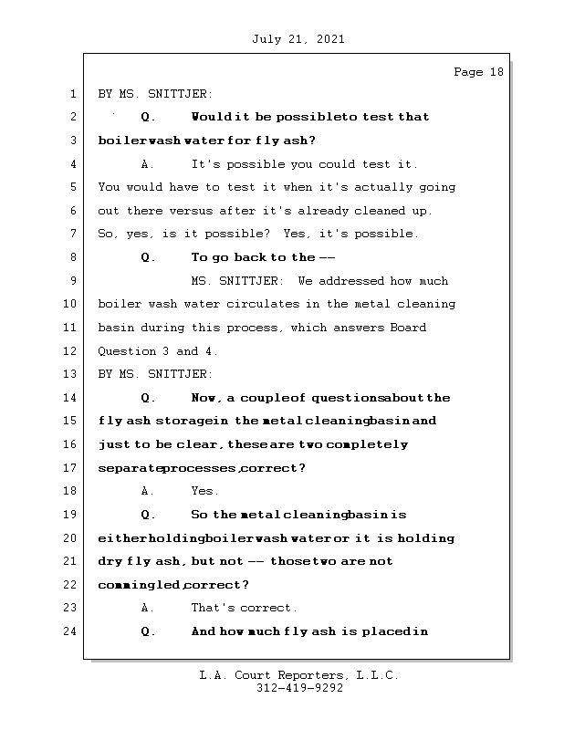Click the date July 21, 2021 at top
point(298,39)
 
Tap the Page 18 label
point(478,72)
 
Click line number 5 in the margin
point(73,187)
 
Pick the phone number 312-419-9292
point(299,689)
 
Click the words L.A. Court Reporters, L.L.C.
point(299,675)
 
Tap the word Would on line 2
point(211,117)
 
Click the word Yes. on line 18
point(204,491)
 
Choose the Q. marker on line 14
point(149,398)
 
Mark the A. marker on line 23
point(148,608)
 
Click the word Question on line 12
point(124,351)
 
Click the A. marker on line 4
point(148,164)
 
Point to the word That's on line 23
point(212,608)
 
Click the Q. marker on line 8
point(149,257)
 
